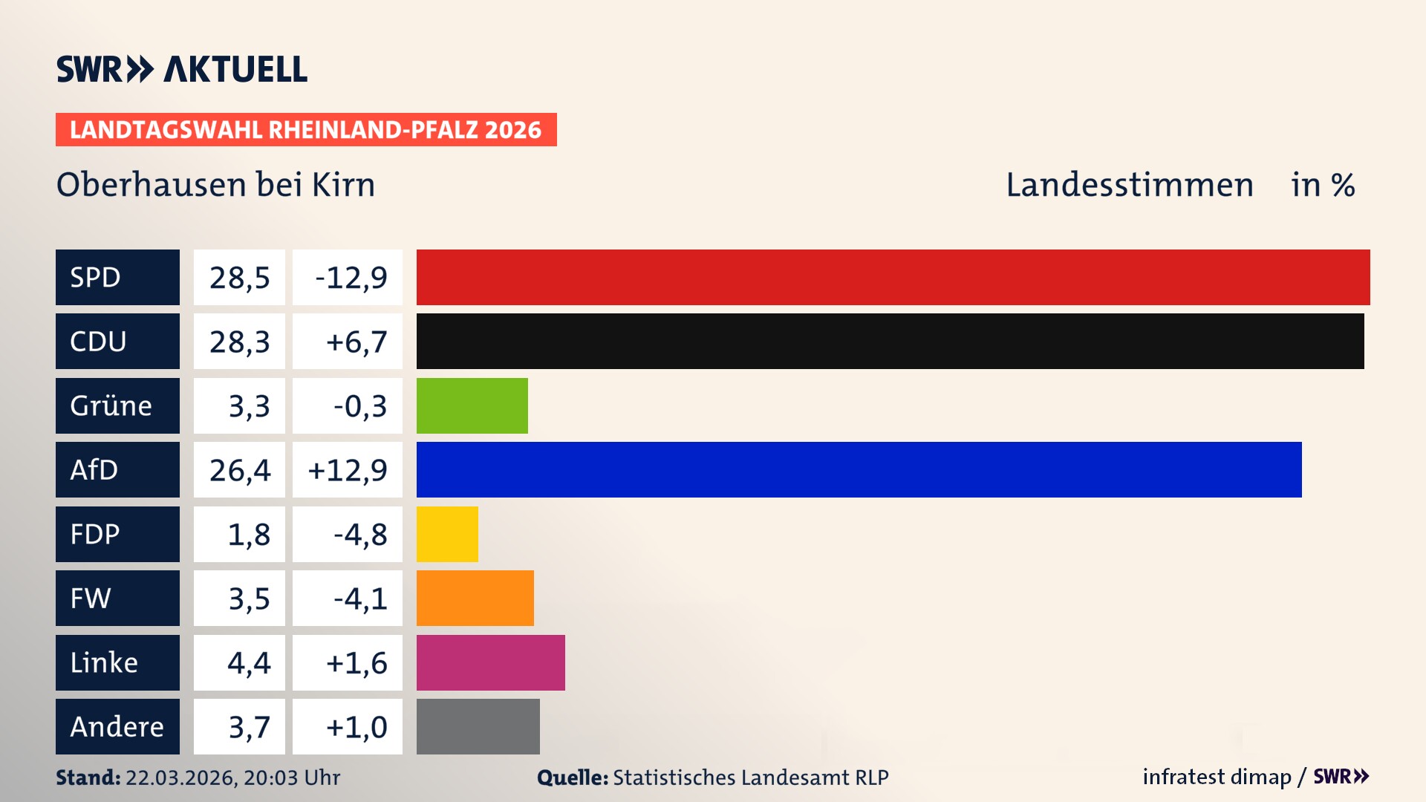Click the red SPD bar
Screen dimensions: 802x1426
coord(893,277)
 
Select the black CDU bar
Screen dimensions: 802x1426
coord(890,341)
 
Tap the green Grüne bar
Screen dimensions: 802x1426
coord(472,405)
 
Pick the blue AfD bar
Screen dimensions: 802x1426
coord(859,469)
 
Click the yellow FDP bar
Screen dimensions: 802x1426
coord(447,534)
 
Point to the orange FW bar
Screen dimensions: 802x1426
coord(475,598)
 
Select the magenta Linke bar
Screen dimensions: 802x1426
coord(490,662)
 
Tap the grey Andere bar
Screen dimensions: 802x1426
coord(478,726)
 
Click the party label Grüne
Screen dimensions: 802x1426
coord(111,405)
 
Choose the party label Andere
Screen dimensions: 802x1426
coord(117,726)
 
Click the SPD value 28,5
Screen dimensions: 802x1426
coord(239,277)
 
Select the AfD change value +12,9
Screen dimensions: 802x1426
coord(348,469)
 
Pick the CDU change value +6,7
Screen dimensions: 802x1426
coord(356,341)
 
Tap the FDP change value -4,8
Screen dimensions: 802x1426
coord(359,534)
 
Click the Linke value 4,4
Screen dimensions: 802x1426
coord(249,662)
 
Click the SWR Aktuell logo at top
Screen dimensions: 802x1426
coord(181,69)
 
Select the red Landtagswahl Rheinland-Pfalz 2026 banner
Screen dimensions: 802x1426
coord(305,129)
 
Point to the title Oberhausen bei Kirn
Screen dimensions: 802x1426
coord(215,184)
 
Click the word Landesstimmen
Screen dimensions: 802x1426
coord(1129,184)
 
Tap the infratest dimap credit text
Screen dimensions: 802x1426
coord(1216,777)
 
